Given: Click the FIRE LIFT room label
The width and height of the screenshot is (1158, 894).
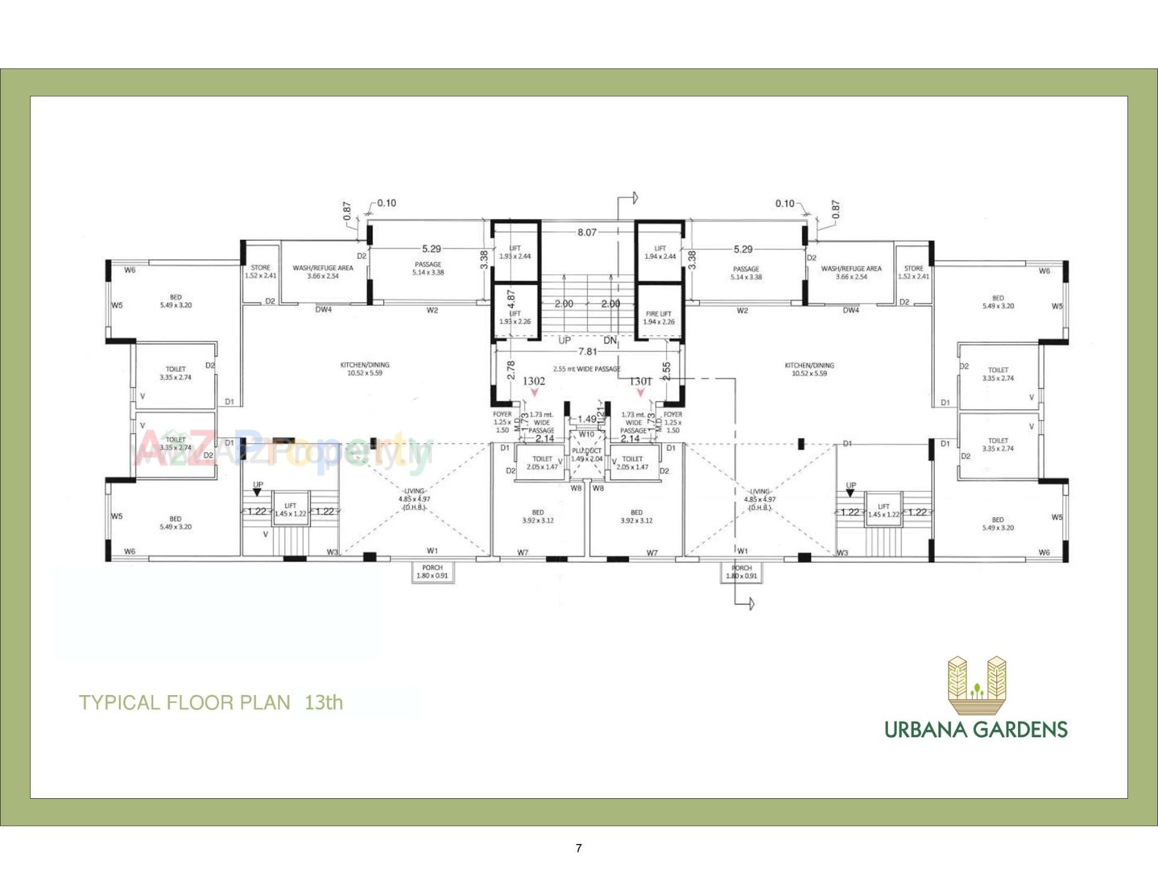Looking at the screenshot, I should click(658, 318).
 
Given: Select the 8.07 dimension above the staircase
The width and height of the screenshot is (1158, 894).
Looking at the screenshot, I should click(586, 232).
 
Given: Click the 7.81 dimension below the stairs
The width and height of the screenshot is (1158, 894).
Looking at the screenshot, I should click(587, 351).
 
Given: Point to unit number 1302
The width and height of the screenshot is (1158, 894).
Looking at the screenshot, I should click(534, 381).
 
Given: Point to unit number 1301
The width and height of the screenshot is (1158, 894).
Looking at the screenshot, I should click(641, 381).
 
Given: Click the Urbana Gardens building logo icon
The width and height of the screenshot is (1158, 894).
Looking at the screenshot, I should click(976, 685).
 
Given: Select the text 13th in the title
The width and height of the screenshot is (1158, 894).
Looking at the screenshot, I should click(324, 702).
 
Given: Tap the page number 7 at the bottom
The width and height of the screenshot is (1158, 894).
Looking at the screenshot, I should click(579, 848).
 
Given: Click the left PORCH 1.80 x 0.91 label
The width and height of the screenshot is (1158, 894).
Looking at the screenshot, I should click(432, 571).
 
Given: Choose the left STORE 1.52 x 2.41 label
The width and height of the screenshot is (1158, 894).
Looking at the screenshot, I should click(261, 271).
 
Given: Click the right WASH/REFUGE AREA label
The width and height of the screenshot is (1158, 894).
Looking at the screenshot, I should click(851, 272).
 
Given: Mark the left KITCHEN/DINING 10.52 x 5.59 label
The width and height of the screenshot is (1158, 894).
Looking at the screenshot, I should click(364, 369).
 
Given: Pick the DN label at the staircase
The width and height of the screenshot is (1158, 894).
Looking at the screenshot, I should click(610, 341).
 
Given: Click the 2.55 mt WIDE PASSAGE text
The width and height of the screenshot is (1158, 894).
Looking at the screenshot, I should click(586, 369).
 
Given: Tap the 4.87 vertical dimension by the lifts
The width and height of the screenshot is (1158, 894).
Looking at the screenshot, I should click(511, 300).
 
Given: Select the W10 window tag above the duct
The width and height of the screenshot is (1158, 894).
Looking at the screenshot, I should click(586, 434).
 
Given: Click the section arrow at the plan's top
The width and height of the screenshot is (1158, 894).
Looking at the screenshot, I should click(634, 198).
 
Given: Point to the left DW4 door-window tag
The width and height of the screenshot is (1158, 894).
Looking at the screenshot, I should click(323, 310).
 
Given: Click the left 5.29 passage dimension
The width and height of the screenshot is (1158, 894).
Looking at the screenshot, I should click(431, 248).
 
